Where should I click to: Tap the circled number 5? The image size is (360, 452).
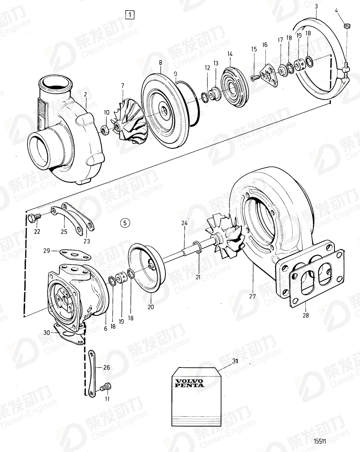125,222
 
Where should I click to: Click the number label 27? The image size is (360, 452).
252,296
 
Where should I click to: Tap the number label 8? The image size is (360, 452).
160,63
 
